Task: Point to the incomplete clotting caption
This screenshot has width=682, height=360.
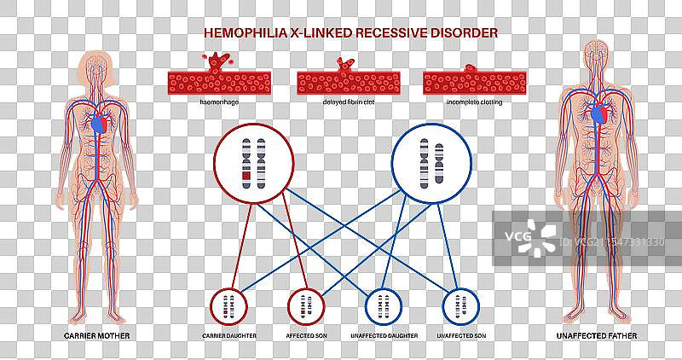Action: [473, 102]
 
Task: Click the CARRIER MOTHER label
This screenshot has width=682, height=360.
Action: [95, 336]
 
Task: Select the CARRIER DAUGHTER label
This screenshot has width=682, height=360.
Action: [228, 336]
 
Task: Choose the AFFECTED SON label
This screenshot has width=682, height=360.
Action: [306, 336]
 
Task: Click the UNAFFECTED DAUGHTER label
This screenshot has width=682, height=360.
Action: [384, 336]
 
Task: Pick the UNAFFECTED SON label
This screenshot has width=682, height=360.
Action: [461, 336]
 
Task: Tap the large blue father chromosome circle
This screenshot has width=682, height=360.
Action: [431, 162]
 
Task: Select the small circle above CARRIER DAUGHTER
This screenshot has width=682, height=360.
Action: [228, 305]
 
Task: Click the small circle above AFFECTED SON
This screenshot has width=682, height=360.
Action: [306, 305]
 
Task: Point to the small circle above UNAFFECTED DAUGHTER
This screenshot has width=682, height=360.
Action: [384, 305]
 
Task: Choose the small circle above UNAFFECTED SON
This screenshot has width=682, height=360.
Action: [461, 305]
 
